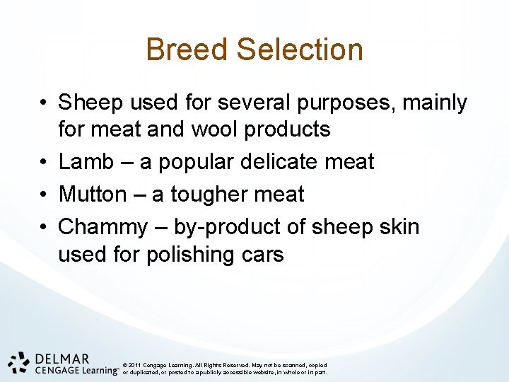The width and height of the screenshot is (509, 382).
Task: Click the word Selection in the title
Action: click(300, 50)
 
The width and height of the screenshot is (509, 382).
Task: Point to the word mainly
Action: click(435, 103)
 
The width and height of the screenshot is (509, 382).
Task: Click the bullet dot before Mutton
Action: click(45, 194)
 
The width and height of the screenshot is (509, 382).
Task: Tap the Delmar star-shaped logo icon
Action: click(19, 361)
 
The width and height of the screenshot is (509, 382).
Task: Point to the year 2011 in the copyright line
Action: click(136, 365)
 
